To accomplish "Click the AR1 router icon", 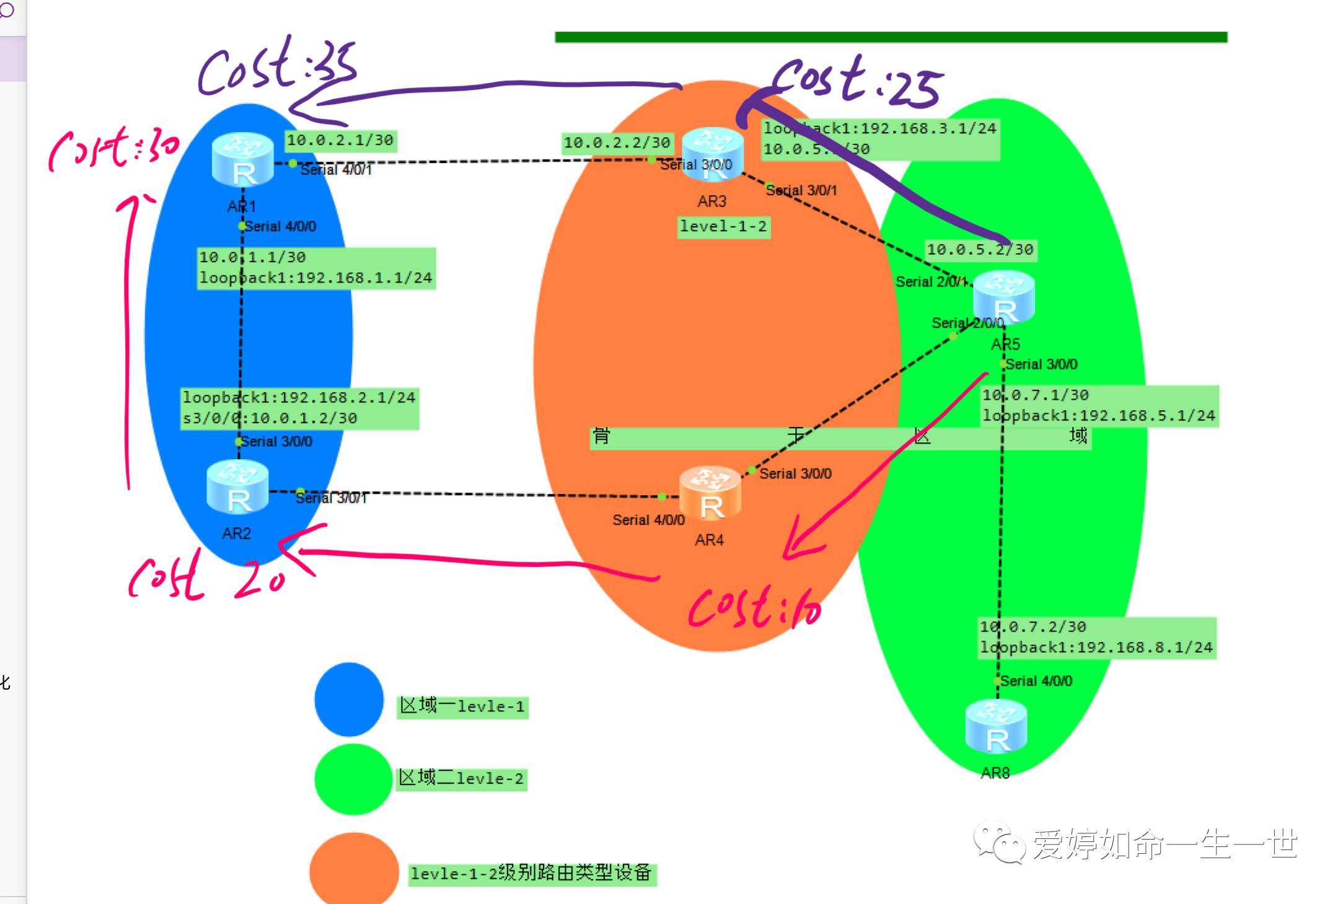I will pos(242,160).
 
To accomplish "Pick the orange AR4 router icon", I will pos(710,493).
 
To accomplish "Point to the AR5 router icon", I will pos(1003,297).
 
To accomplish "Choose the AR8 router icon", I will pos(996,727).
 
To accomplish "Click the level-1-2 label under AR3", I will pos(723,227).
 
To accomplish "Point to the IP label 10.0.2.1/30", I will pos(340,141).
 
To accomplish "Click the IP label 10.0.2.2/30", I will pos(617,143).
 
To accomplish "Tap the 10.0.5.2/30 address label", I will pos(980,250).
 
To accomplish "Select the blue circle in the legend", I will pos(349,699).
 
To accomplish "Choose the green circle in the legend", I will pos(353,779).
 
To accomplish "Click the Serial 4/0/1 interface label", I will pos(336,170).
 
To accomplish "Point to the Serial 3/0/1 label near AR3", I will pos(801,191).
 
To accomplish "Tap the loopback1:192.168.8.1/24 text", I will pos(1096,647).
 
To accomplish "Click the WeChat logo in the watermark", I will pos(999,842).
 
